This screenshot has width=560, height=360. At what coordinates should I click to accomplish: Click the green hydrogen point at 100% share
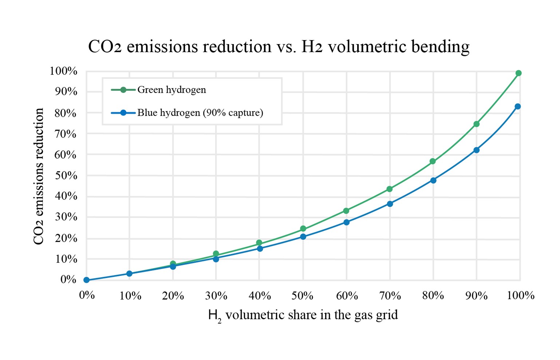[518, 73]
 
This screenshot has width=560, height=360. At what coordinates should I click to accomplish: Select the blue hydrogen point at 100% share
[518, 106]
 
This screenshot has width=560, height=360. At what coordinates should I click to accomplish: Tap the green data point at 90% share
[476, 124]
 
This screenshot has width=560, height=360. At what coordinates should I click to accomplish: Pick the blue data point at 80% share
[433, 180]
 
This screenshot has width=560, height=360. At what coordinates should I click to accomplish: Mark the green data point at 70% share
[390, 189]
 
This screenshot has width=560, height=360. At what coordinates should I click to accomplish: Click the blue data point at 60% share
[347, 222]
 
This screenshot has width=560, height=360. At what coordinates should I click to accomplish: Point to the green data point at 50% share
[303, 229]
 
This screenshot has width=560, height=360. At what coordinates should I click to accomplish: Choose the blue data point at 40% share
[260, 249]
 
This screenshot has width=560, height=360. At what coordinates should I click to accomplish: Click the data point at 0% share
[86, 280]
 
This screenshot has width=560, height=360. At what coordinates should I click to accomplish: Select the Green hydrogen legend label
[171, 90]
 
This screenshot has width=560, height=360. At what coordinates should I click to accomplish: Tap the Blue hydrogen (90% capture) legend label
[200, 113]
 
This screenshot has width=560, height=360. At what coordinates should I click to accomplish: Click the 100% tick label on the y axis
[63, 71]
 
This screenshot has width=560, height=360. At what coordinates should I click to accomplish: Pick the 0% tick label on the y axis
[68, 280]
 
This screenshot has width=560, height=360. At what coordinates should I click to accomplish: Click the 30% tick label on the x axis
[216, 296]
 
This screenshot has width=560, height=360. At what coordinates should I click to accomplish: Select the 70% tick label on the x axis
[390, 296]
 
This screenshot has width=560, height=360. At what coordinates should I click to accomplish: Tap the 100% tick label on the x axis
[521, 296]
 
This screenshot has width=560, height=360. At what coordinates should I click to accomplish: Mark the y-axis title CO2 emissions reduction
[39, 176]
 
